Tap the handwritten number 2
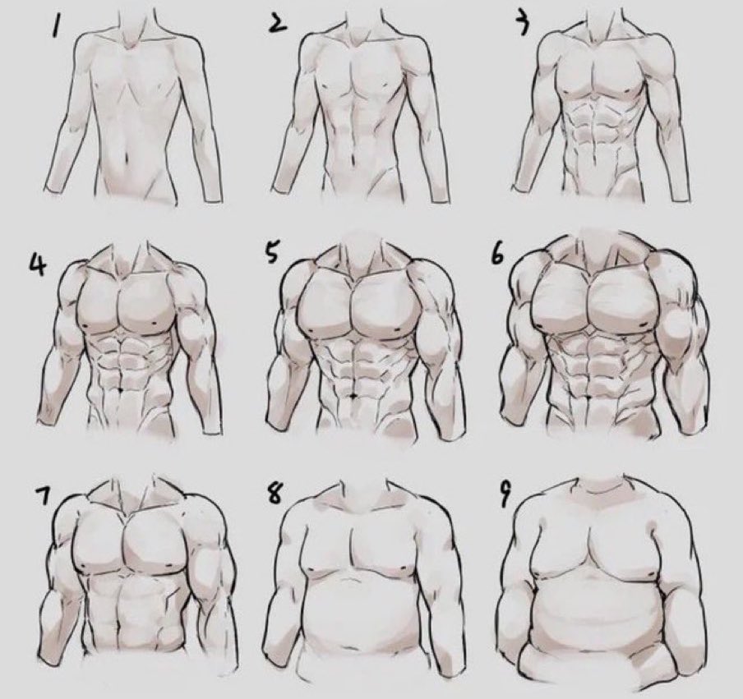tap(278, 24)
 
